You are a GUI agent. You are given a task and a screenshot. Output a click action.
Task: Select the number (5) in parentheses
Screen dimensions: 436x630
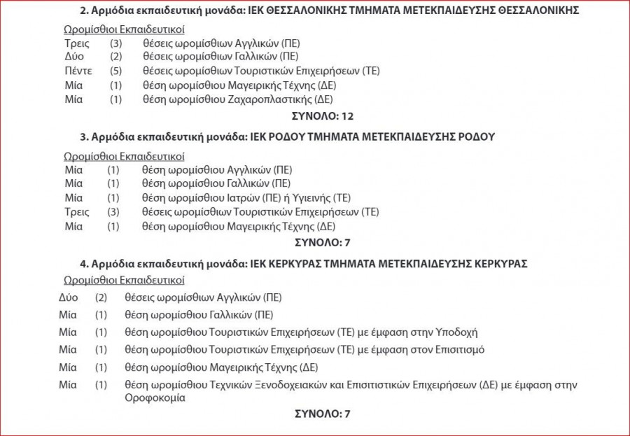pos(116,71)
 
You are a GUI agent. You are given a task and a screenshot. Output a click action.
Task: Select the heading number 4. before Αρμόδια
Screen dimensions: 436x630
pos(84,264)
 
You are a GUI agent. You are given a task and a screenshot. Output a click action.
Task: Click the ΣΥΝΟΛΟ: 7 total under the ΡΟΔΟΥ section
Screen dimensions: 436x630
pos(322,243)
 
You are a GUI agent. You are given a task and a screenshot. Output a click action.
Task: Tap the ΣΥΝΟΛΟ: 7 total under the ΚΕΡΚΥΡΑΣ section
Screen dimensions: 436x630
pos(322,414)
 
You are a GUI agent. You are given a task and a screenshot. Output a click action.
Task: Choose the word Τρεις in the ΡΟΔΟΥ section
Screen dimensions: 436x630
pos(76,211)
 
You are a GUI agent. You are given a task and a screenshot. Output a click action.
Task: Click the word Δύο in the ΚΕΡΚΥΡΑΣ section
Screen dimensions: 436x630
pos(69,297)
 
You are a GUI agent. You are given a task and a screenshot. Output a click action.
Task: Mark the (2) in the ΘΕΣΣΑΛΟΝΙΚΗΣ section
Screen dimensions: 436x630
pos(116,57)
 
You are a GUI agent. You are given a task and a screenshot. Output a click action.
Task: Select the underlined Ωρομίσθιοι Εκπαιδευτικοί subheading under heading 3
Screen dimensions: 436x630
pos(124,156)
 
